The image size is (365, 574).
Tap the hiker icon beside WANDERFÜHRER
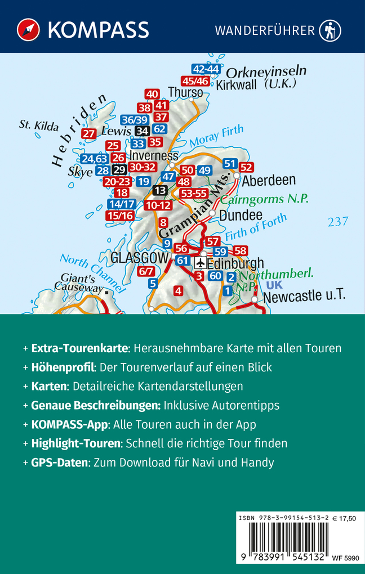coord(330,30)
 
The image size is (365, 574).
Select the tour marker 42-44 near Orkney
coord(206,69)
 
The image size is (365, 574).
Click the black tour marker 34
coord(143,131)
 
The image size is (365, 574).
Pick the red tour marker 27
coord(88,133)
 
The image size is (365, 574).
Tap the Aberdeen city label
coord(269,180)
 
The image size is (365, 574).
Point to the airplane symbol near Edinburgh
coord(201,263)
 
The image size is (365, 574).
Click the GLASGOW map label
coord(140,258)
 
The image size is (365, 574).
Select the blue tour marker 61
coord(182,261)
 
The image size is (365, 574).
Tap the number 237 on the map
coord(338,222)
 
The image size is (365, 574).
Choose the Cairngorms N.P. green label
coord(265,199)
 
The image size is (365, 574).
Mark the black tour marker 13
coord(161,191)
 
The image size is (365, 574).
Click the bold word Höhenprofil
coord(62,367)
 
